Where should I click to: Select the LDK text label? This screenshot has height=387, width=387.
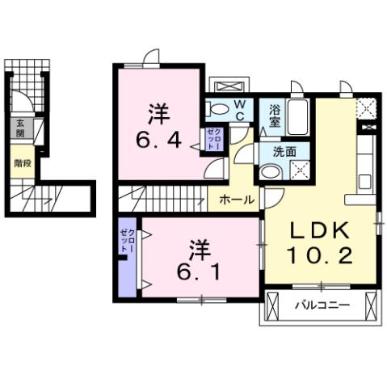click(x=320, y=230)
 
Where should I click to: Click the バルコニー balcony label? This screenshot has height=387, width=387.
click(x=321, y=306)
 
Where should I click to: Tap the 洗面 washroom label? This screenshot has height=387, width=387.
click(x=284, y=150)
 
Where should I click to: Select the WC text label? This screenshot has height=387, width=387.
click(x=240, y=110)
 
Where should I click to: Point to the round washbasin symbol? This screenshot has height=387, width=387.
click(x=269, y=170)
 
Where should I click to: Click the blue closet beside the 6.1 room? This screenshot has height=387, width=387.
click(x=128, y=258)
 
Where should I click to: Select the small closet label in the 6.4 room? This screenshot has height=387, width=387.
click(x=212, y=139)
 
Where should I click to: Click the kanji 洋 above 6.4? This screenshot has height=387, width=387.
click(x=158, y=111)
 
